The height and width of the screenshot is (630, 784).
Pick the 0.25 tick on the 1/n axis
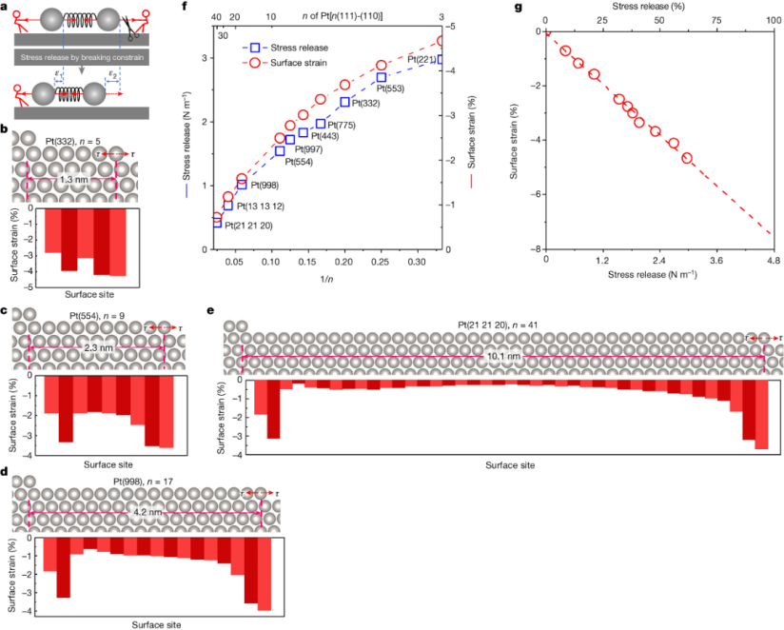point(380,260)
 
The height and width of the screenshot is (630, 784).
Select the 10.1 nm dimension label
point(500,356)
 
